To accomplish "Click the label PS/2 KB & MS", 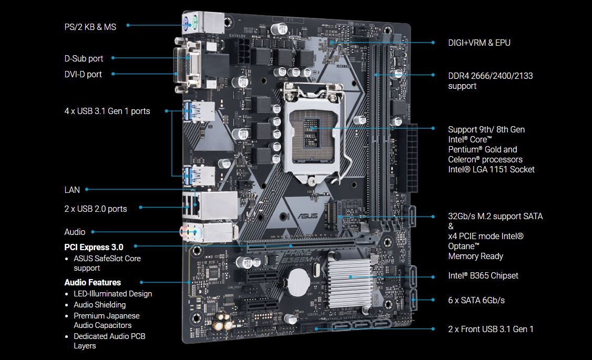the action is (90, 27).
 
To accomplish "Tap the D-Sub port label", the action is (84, 58).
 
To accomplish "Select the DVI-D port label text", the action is (83, 74).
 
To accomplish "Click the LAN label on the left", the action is (72, 190).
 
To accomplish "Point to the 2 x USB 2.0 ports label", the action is (96, 209).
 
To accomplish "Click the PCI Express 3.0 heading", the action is (94, 247).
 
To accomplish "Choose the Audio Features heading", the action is (93, 282).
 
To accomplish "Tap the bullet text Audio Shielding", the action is (100, 304).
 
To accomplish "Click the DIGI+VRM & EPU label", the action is (479, 43).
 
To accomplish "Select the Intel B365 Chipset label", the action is (483, 275).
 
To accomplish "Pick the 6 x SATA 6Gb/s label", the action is (476, 301).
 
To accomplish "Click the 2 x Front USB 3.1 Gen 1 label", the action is (491, 329).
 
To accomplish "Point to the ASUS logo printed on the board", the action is (308, 216).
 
